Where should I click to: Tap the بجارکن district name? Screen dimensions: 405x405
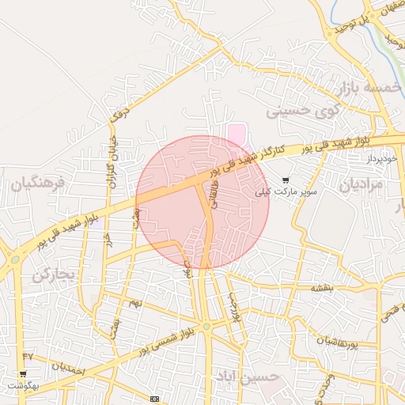53,275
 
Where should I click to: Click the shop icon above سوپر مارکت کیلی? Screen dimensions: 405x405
285,180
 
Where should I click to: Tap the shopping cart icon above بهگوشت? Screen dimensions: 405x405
22,373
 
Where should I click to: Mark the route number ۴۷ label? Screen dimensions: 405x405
28,358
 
